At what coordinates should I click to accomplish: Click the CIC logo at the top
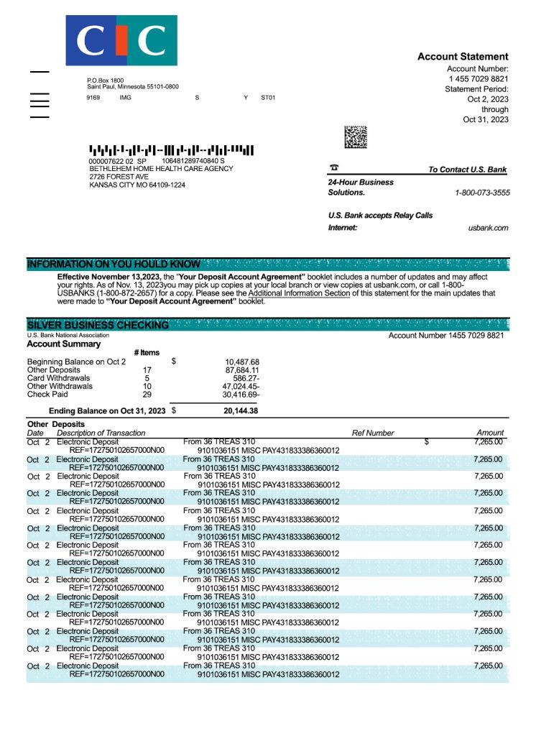tap(121, 40)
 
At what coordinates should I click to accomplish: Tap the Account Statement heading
tap(463, 57)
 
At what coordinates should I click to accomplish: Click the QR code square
tap(356, 137)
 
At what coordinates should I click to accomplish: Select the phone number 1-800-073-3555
tap(482, 193)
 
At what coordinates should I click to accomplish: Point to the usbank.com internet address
tap(488, 228)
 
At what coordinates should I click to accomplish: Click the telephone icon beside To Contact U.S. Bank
tap(334, 167)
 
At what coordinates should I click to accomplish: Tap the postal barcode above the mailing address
tap(171, 150)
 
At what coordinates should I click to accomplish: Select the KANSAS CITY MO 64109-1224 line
tap(137, 185)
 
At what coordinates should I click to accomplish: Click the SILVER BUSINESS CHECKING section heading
tap(98, 325)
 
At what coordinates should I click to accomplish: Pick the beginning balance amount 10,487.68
tap(242, 362)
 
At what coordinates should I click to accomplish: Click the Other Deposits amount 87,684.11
tap(242, 370)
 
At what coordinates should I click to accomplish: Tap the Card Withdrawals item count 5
tap(147, 378)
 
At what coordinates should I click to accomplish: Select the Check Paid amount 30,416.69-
tap(241, 395)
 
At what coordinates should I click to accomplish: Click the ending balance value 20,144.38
tap(241, 411)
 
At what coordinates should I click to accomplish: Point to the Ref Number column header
tap(373, 433)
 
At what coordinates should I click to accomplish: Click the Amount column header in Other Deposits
tap(490, 433)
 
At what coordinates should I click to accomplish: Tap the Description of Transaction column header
tap(101, 433)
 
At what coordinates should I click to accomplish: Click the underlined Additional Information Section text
tap(300, 293)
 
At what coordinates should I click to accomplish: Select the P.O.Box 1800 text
tap(105, 80)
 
